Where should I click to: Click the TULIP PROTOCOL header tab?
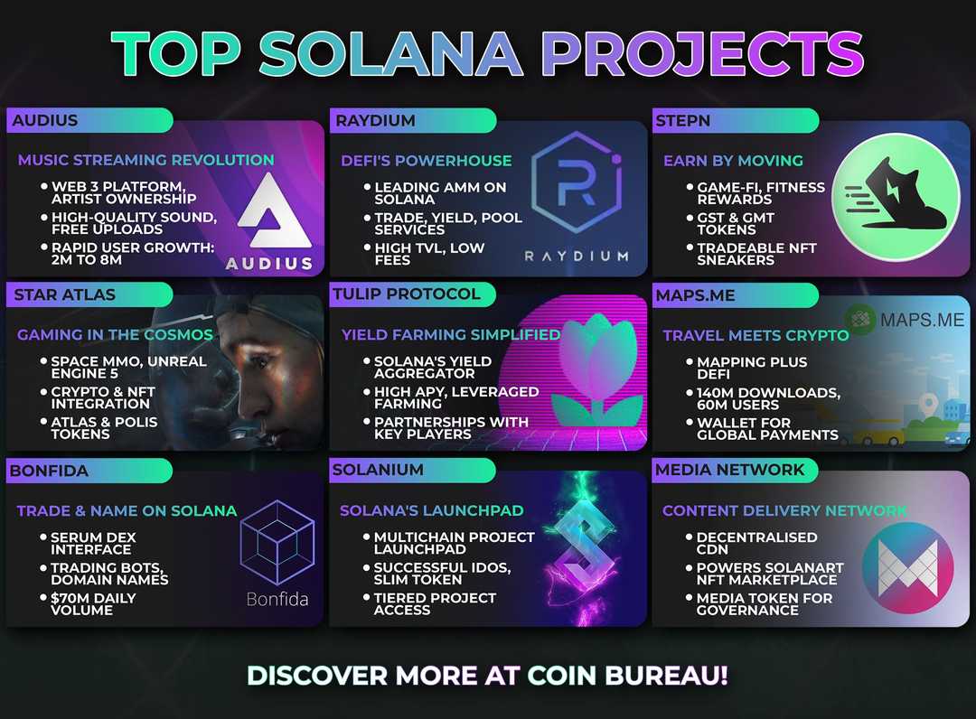click(406, 294)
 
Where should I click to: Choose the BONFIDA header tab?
click(50, 470)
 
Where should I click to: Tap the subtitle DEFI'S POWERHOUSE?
click(427, 161)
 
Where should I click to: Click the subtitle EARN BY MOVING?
click(733, 161)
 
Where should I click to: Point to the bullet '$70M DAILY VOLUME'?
click(93, 603)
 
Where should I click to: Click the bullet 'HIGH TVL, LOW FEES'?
click(428, 254)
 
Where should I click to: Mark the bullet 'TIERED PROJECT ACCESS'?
click(434, 603)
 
